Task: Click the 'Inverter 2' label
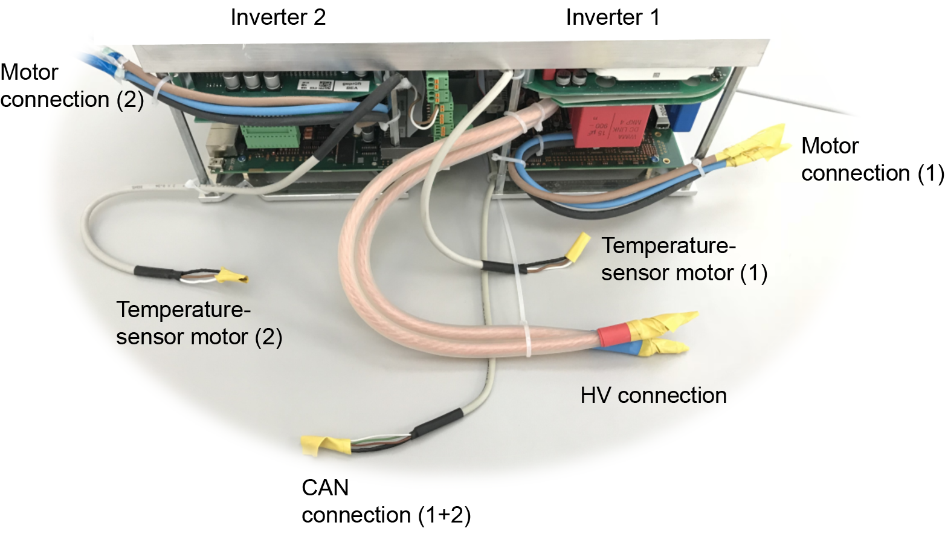pyautogui.click(x=278, y=17)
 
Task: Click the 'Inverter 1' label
pyautogui.click(x=612, y=17)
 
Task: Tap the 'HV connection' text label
pyautogui.click(x=653, y=395)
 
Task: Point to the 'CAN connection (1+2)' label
pyautogui.click(x=385, y=501)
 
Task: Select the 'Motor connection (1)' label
pyautogui.click(x=872, y=159)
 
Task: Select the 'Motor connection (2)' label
pyautogui.click(x=71, y=86)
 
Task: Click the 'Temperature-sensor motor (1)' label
pyautogui.click(x=683, y=259)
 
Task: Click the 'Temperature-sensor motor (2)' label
pyautogui.click(x=199, y=323)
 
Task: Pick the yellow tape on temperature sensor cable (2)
pyautogui.click(x=231, y=276)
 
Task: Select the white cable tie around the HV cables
pyautogui.click(x=527, y=339)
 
